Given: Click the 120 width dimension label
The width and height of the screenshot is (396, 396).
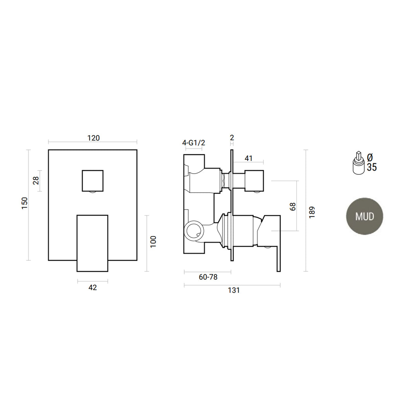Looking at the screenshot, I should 93,138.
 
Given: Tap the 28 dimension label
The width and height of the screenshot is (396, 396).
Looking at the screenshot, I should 36,180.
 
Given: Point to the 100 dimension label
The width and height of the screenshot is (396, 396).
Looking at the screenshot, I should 153,242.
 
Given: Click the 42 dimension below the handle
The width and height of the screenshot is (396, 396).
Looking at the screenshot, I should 92,287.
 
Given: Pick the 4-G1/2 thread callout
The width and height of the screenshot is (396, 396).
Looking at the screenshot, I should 193,143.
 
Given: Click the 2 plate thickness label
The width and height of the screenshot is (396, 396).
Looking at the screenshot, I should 232,138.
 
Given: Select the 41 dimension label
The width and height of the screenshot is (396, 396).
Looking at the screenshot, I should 249,158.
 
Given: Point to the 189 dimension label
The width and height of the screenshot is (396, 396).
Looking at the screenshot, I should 312,212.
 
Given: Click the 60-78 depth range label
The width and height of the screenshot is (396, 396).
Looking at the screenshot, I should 208,277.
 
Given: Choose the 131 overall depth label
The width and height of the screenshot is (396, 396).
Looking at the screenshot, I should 234,290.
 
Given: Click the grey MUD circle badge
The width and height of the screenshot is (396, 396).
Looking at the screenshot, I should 365,216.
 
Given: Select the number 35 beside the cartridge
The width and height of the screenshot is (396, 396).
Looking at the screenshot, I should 372,167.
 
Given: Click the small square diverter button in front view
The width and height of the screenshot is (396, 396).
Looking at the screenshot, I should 93,180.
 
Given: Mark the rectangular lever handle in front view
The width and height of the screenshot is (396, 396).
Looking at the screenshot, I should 92,243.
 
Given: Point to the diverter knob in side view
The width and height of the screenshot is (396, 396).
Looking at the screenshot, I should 253,180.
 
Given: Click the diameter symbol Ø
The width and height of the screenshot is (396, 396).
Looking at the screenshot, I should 370,157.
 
